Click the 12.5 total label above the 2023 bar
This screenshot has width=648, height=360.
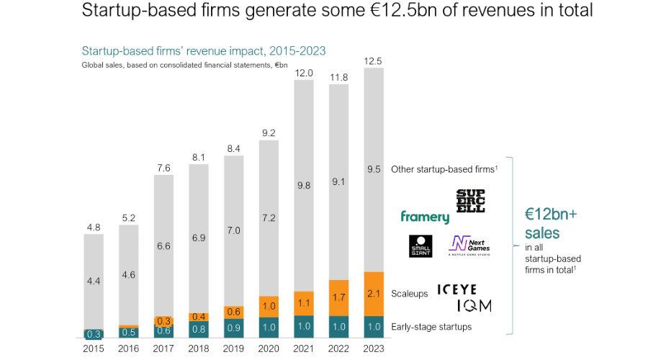tap(374, 60)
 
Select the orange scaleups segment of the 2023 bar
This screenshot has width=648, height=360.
tap(374, 294)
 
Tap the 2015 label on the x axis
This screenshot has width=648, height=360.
tap(94, 348)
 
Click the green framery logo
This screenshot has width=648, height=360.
tap(425, 217)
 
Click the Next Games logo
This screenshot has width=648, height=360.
tap(469, 246)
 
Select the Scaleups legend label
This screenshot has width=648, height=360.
tap(409, 293)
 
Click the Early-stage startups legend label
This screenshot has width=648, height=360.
tap(431, 327)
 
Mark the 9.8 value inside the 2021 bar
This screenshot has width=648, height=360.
tap(303, 185)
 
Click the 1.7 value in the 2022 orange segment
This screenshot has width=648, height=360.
tap(338, 297)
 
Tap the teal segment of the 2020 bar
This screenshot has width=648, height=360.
tap(269, 327)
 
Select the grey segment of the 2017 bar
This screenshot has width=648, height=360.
tap(163, 245)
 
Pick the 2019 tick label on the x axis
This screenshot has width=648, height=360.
tap(233, 348)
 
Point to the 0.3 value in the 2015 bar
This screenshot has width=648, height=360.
tap(94, 334)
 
